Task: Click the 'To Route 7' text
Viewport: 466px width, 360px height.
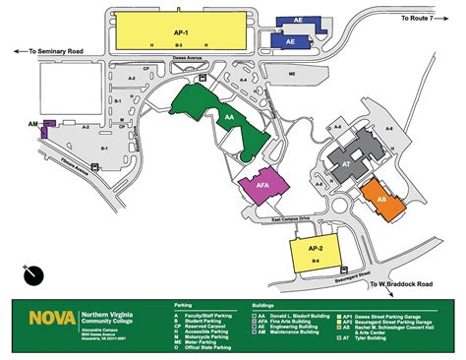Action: click(428, 20)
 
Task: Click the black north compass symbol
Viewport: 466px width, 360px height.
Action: click(34, 272)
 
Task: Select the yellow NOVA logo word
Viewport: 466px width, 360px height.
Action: click(44, 317)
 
